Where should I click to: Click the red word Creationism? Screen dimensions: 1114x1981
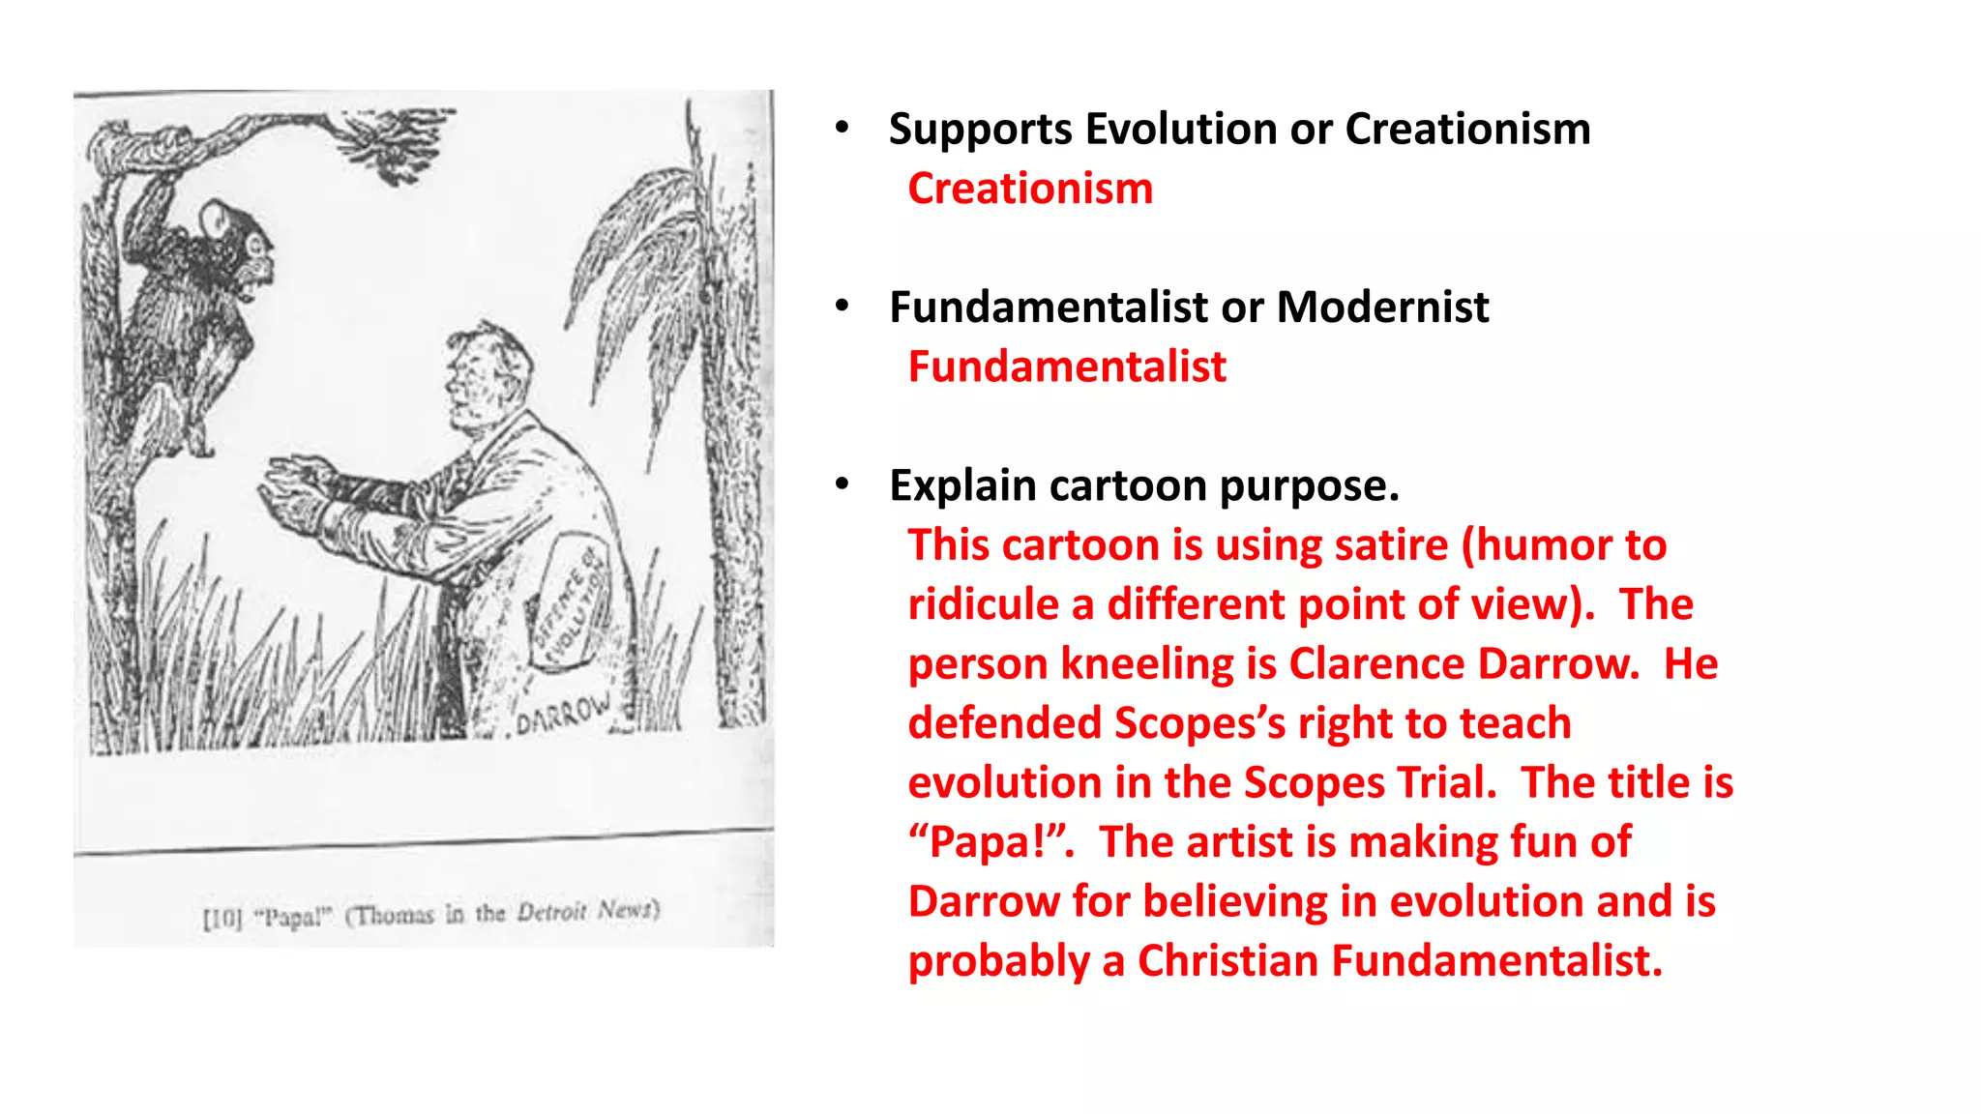coord(1030,189)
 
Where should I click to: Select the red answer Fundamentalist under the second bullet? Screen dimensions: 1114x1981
coord(1067,367)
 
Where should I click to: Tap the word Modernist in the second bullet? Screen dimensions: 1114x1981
coord(1382,308)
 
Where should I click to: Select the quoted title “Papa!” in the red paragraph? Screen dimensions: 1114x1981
coord(991,842)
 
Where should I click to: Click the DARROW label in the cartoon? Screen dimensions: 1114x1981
coord(563,714)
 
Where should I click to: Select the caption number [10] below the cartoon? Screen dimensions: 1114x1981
coord(222,917)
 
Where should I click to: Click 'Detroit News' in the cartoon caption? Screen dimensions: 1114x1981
coord(587,911)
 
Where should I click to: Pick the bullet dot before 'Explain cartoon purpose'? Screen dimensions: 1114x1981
coord(843,484)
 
